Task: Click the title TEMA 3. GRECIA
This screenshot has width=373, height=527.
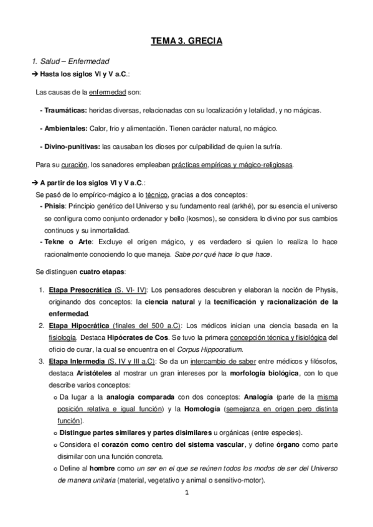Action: coord(187,42)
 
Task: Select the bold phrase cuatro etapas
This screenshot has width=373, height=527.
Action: coord(102,272)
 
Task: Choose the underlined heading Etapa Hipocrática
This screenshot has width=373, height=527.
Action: coord(71,325)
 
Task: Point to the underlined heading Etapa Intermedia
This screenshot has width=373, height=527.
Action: coord(70,360)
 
